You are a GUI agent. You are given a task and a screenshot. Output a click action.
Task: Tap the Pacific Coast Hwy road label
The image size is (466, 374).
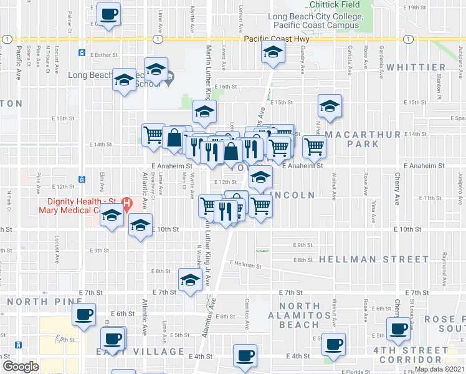pos(276,39)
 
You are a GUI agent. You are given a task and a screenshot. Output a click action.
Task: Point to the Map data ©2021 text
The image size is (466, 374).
pos(439,369)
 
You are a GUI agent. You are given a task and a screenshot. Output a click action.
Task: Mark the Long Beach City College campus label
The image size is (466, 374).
pos(313,21)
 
